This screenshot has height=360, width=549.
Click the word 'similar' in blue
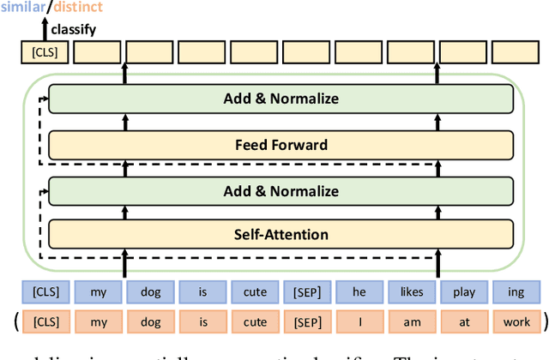(x=25, y=7)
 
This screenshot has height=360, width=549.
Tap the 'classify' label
(x=72, y=30)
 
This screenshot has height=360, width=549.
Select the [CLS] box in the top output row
(x=42, y=54)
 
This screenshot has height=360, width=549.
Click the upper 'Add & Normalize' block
(x=281, y=99)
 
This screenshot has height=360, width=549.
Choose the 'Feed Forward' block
(x=281, y=145)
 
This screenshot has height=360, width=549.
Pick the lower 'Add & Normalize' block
(x=281, y=191)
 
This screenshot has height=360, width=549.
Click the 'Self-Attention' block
(x=281, y=234)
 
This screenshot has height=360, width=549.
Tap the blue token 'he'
(x=359, y=292)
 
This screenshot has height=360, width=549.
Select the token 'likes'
(x=412, y=292)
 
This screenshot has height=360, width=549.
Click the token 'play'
(x=464, y=292)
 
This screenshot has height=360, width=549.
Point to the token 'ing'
(x=516, y=292)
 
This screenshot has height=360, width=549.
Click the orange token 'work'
(x=516, y=322)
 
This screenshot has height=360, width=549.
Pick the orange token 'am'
(x=412, y=322)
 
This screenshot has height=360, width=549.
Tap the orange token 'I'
(x=359, y=322)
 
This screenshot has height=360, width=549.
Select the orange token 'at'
(x=464, y=322)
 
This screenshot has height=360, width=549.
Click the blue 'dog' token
(x=150, y=292)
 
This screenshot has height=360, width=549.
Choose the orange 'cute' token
(x=255, y=322)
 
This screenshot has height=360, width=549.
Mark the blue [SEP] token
(x=307, y=292)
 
